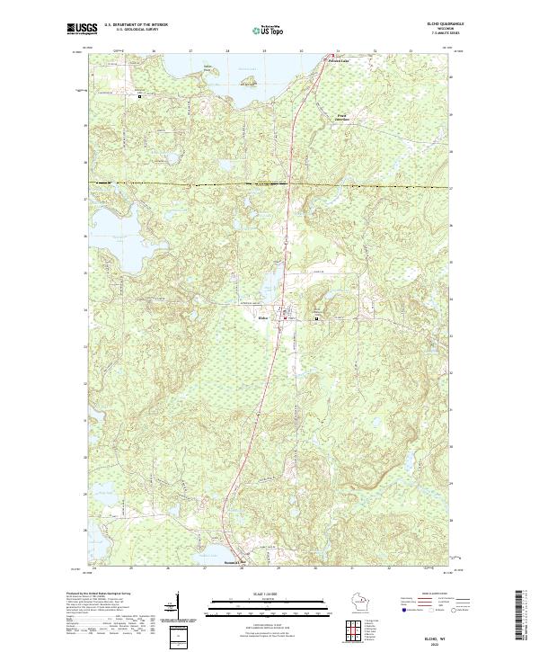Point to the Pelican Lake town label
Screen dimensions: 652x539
coord(338,61)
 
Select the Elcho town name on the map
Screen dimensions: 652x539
coord(263,318)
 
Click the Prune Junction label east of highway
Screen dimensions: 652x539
coord(341,117)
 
